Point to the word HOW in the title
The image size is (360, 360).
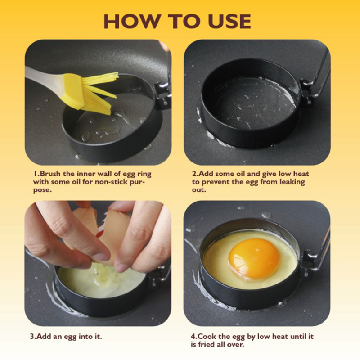(x=132, y=21)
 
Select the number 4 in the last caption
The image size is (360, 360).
(x=193, y=337)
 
